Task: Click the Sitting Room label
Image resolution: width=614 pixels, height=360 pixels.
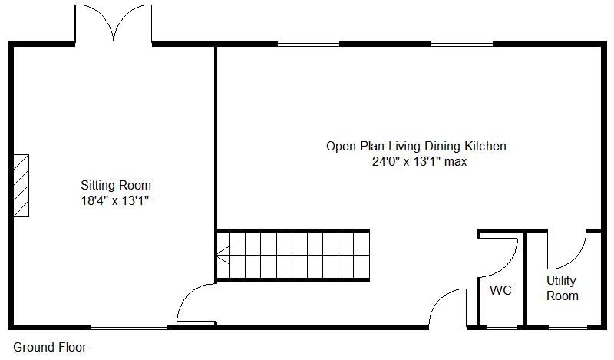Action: tap(116, 185)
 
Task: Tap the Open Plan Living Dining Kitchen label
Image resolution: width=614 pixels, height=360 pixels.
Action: tap(416, 146)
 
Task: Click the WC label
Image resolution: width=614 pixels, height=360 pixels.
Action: tap(500, 291)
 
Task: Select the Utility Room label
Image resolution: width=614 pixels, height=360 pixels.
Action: tap(562, 288)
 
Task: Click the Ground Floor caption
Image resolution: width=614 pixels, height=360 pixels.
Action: tap(50, 347)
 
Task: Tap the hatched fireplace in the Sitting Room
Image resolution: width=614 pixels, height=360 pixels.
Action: tap(20, 186)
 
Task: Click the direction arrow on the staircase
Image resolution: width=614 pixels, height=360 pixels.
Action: tap(223, 255)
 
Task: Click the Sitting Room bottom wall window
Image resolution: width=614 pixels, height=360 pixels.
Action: tap(129, 327)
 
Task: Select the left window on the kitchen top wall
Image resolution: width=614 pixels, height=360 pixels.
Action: tap(308, 44)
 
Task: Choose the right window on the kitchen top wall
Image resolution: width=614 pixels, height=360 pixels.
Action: tap(461, 44)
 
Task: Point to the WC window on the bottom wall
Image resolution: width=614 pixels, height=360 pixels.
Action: tap(503, 327)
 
